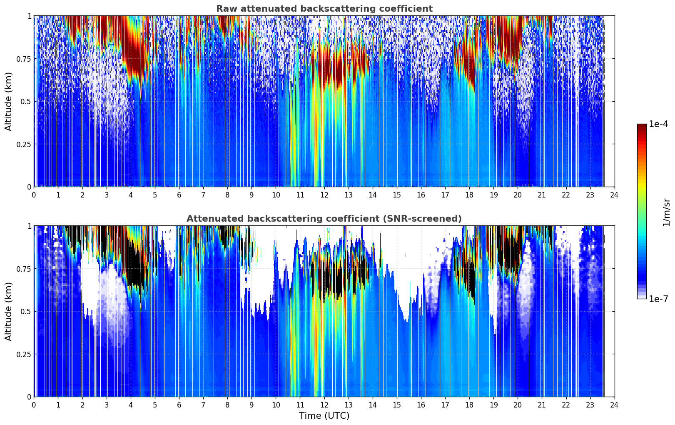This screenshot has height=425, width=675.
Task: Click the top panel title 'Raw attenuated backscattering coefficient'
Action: pyautogui.click(x=324, y=9)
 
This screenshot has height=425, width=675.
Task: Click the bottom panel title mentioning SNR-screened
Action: pyautogui.click(x=324, y=219)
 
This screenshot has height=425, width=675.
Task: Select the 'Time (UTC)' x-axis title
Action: pyautogui.click(x=324, y=416)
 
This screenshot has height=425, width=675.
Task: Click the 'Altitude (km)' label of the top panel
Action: pyautogui.click(x=9, y=101)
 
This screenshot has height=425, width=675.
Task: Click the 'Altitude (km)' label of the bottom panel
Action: pyautogui.click(x=9, y=311)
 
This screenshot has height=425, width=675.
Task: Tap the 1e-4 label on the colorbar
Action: pyautogui.click(x=658, y=124)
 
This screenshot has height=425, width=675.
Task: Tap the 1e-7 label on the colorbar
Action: pyautogui.click(x=658, y=299)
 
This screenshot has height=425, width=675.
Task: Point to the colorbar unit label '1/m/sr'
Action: pyautogui.click(x=666, y=212)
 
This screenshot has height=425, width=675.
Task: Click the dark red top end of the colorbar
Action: pyautogui.click(x=642, y=126)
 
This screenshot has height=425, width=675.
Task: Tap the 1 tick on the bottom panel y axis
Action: pyautogui.click(x=29, y=226)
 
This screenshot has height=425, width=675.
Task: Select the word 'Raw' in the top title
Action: pyautogui.click(x=225, y=9)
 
